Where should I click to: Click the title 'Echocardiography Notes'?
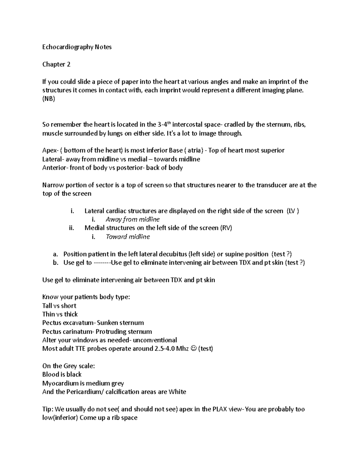[77, 47]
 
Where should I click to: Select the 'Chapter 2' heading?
[56, 65]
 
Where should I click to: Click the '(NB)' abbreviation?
[49, 99]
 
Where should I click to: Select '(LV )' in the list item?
[292, 211]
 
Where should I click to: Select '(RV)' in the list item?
[226, 228]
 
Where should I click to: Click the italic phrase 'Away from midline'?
[133, 220]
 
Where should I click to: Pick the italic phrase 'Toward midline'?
[128, 237]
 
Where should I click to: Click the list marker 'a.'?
[55, 254]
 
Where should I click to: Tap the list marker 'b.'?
[55, 263]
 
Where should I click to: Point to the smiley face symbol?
[193, 349]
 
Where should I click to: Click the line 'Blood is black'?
[62, 374]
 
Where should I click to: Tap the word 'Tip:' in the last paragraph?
[48, 409]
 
